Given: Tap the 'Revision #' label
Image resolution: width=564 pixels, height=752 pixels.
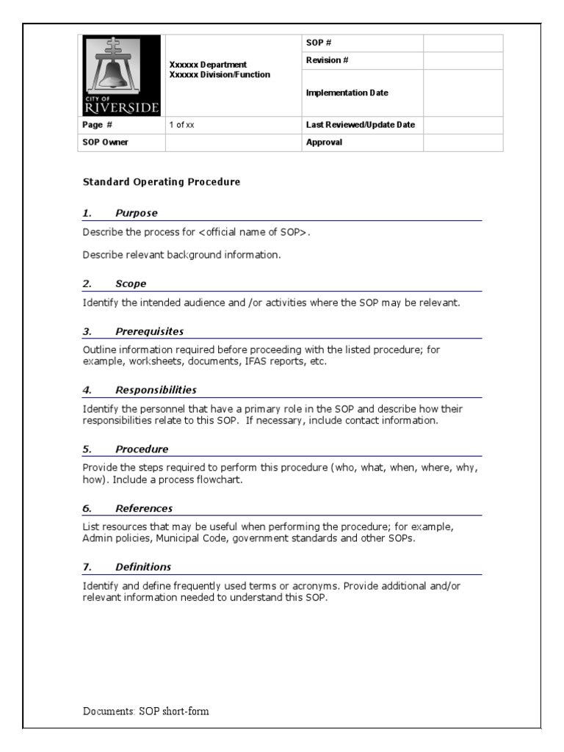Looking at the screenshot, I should point(327,61).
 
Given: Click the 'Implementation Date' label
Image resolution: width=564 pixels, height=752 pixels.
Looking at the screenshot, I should point(347,93).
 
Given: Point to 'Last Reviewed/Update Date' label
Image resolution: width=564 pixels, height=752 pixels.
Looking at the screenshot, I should point(360,125).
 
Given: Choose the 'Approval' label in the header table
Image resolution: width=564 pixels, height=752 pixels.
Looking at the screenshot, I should point(324,142).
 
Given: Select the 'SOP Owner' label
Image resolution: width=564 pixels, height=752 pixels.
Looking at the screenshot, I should point(105,142).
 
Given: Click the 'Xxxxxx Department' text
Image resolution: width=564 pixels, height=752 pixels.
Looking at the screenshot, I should point(208,65).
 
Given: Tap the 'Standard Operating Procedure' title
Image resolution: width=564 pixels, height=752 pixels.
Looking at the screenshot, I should point(161,181).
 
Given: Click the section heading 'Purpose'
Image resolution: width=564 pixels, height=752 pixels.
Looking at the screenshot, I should point(136,213).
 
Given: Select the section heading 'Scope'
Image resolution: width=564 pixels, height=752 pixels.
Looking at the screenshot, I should point(131,283).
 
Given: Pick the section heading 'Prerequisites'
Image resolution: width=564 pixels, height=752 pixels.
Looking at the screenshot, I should point(149,331).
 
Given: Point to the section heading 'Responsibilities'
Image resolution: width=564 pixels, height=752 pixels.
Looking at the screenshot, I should point(156,390).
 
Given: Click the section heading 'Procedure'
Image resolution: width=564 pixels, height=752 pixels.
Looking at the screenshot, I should point(142,449).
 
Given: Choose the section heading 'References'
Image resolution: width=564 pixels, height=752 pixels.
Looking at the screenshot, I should point(144,508).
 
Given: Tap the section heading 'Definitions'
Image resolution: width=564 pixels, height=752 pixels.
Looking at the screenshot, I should point(143,567).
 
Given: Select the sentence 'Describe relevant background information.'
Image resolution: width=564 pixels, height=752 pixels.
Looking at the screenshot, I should point(181,255).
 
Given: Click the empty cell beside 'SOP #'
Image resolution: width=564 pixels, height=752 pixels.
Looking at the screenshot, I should point(463,43).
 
